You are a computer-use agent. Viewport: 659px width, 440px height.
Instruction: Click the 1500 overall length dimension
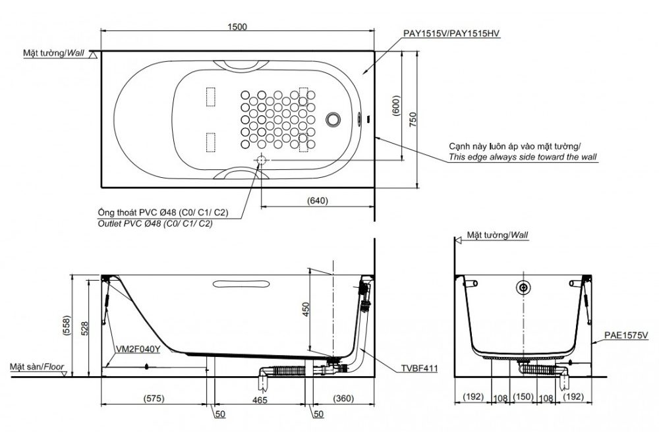pos(237,26)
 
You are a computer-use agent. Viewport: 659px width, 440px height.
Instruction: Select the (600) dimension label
pos(396,106)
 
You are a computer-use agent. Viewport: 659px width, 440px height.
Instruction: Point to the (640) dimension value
pos(317,200)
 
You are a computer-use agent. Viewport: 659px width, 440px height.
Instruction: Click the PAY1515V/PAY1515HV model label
pos(452,34)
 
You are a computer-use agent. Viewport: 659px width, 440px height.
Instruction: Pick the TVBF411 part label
pos(419,369)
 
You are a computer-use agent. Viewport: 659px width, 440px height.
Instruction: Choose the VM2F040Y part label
pos(138,349)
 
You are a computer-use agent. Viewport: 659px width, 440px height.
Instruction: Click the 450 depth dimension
pos(306,310)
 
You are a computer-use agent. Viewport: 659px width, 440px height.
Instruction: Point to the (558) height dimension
pos(67,325)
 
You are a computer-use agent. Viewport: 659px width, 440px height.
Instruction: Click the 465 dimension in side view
pos(260,400)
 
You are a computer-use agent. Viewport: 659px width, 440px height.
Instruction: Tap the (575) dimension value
pos(154,398)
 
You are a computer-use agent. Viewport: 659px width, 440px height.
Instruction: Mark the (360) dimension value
pos(343,398)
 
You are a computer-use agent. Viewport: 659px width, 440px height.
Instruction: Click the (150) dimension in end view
pos(523,397)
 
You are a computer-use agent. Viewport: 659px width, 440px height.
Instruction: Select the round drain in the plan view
pos(333,119)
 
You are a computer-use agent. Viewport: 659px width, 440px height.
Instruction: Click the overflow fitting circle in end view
pos(523,287)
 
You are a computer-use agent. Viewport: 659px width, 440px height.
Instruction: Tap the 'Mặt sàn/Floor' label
pos(37,366)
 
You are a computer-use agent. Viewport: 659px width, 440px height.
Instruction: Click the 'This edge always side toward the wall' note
pos(523,157)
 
